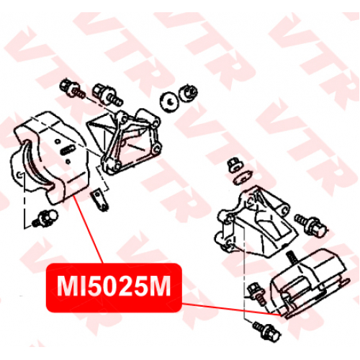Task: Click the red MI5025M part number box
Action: pos(114,288)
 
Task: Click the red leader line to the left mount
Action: pos(88,230)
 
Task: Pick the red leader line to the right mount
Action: pos(231,309)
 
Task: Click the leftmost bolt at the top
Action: pos(71,89)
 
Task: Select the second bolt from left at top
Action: pos(107,94)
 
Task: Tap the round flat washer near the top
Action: pos(169,102)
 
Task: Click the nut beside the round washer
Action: pos(188,93)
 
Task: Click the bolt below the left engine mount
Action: pos(45,218)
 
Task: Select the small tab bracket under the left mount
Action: pos(99,199)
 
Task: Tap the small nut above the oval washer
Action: pos(235,165)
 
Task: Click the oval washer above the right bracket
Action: pos(243,177)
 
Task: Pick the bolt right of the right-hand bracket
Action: pos(310,225)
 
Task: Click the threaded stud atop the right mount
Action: pos(291,257)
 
